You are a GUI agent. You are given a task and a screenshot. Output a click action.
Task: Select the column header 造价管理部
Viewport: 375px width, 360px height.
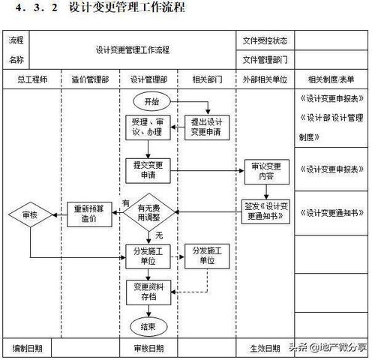pyautogui.click(x=91, y=79)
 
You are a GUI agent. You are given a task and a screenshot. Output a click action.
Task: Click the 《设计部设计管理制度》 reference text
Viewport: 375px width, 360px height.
pyautogui.click(x=330, y=127)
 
